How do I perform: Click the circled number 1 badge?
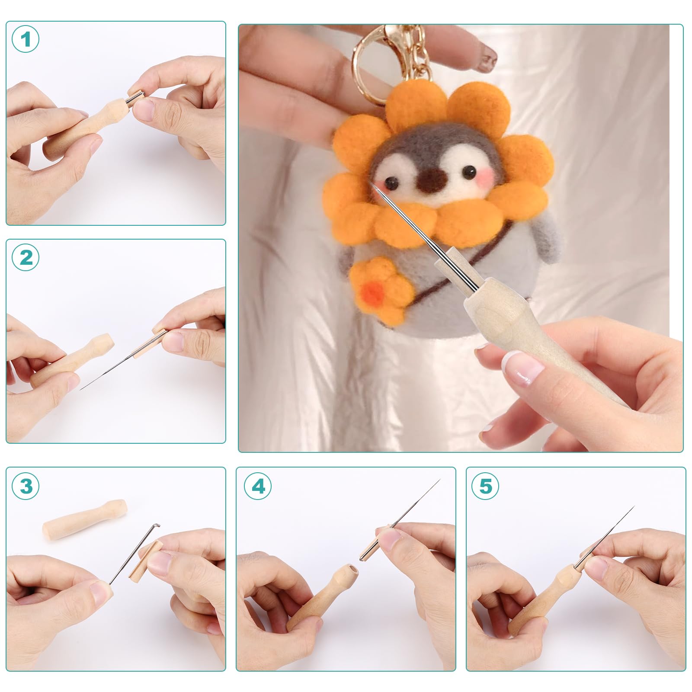pyautogui.click(x=26, y=39)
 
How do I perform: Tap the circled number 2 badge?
pyautogui.click(x=26, y=258)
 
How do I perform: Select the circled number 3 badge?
pyautogui.click(x=26, y=486)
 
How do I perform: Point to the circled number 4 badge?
pyautogui.click(x=258, y=486)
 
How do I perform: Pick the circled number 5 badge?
pyautogui.click(x=485, y=486)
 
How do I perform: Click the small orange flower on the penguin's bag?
pyautogui.click(x=379, y=285)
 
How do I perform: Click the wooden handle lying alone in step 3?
pyautogui.click(x=84, y=519)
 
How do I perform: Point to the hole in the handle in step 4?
pyautogui.click(x=354, y=570)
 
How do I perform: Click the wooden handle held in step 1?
pyautogui.click(x=89, y=128)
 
